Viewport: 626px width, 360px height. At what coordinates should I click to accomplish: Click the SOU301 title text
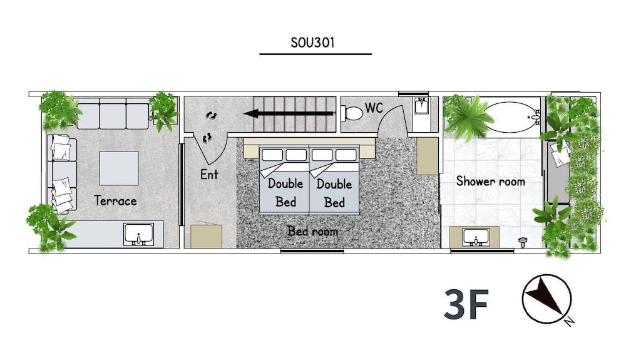point(312,43)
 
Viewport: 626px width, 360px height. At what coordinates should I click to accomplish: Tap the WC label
point(374,108)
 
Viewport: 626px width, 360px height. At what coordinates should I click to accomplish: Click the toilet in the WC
point(352,113)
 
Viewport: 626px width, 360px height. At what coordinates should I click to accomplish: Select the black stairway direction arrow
point(289,114)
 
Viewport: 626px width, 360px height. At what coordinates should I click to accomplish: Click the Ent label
point(209,175)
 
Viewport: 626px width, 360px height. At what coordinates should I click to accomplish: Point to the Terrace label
point(115,200)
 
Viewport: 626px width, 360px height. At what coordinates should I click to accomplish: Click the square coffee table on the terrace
point(119,168)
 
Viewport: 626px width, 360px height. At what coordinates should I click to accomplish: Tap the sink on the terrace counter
point(138,235)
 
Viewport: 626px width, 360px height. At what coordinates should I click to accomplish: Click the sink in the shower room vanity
point(476,237)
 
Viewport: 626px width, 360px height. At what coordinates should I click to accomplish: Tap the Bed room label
point(312,230)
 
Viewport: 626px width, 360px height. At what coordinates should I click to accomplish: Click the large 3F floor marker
point(466,304)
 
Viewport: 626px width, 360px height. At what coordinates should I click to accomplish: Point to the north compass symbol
point(546,299)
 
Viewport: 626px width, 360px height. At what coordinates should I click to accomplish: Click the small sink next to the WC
point(421,106)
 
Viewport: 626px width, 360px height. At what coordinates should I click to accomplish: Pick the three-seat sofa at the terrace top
point(113,116)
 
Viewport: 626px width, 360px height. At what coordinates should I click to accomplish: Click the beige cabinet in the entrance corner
point(206,236)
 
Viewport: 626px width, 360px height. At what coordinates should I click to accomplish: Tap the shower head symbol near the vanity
point(523,242)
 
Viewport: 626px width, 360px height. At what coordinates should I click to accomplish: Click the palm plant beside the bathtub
point(468,116)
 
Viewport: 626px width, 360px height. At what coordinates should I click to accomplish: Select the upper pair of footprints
point(212,116)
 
